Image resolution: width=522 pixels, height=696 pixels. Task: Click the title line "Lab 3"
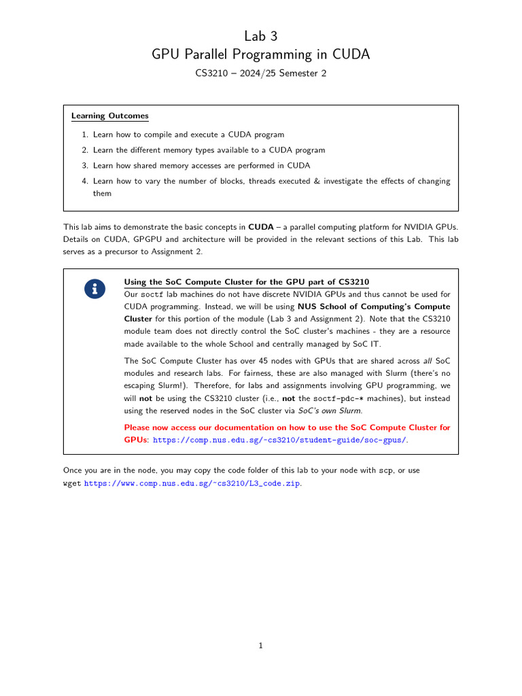pos(260,35)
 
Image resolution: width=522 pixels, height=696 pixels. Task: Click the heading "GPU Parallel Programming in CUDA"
pos(260,54)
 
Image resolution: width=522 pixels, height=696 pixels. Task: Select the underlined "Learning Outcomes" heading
pos(109,116)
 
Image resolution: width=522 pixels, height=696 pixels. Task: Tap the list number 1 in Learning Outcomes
pos(84,135)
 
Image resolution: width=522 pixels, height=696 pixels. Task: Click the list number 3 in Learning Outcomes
pos(84,166)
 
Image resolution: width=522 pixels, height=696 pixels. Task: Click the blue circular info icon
pos(94,288)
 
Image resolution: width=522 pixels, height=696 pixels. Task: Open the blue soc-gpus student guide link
pos(279,440)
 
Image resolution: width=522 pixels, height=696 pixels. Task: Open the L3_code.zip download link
pos(192,483)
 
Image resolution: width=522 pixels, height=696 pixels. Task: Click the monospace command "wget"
pos(72,483)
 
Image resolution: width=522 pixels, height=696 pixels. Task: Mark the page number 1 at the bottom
pos(260,646)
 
